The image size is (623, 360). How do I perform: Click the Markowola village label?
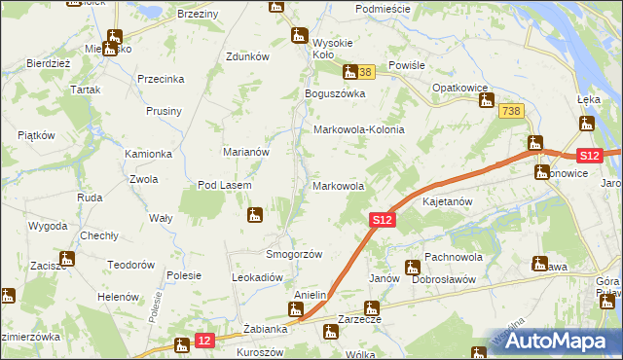click(338, 186)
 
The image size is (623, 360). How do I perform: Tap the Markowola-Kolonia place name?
click(357, 129)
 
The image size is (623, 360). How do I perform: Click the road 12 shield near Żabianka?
click(203, 340)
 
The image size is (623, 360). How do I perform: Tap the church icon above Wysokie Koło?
click(299, 36)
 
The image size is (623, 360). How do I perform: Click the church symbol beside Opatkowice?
click(486, 100)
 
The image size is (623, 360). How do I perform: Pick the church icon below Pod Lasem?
click(255, 214)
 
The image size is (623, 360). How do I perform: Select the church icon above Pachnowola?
click(412, 267)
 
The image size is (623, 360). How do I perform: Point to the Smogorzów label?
click(294, 254)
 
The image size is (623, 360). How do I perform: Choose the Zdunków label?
click(246, 56)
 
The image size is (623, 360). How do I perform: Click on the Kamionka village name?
click(148, 155)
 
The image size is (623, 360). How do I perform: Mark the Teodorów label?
click(131, 265)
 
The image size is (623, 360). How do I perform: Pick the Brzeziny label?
click(198, 15)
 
